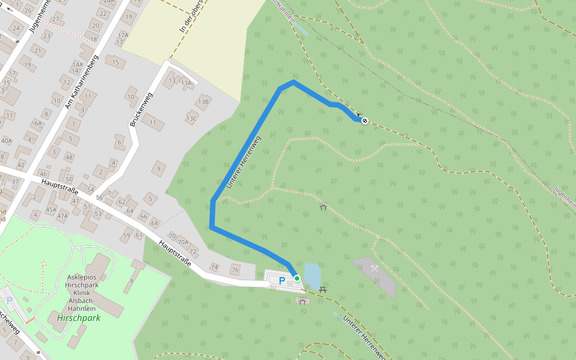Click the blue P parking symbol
point(281,280)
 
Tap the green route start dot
point(296,278)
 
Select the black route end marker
point(364,121)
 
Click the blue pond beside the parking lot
point(312,276)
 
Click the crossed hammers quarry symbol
point(375,268)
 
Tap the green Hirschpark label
point(79,318)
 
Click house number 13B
point(204,102)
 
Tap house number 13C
point(191,118)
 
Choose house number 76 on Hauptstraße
point(235,270)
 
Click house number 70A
point(183,242)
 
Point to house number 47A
point(62,216)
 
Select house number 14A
point(77,64)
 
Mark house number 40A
point(6,140)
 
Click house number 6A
point(38,124)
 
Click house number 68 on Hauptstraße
point(155,223)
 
